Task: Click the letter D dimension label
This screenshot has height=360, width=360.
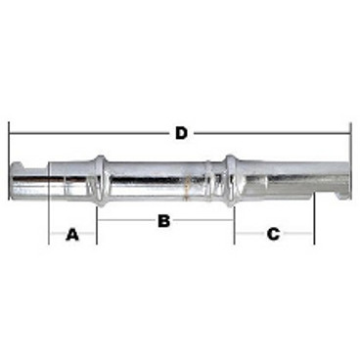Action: coord(182,133)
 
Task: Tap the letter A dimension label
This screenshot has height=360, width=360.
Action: coord(72,234)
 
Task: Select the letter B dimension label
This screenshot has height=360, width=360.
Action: coord(164,221)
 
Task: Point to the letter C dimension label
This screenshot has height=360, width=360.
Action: coord(273,234)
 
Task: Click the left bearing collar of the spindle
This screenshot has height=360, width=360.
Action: coord(100,180)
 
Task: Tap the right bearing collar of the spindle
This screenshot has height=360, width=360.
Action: coord(231,180)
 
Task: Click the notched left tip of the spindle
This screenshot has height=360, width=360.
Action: coord(19,180)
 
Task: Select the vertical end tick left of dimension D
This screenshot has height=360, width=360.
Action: coord(9,160)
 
